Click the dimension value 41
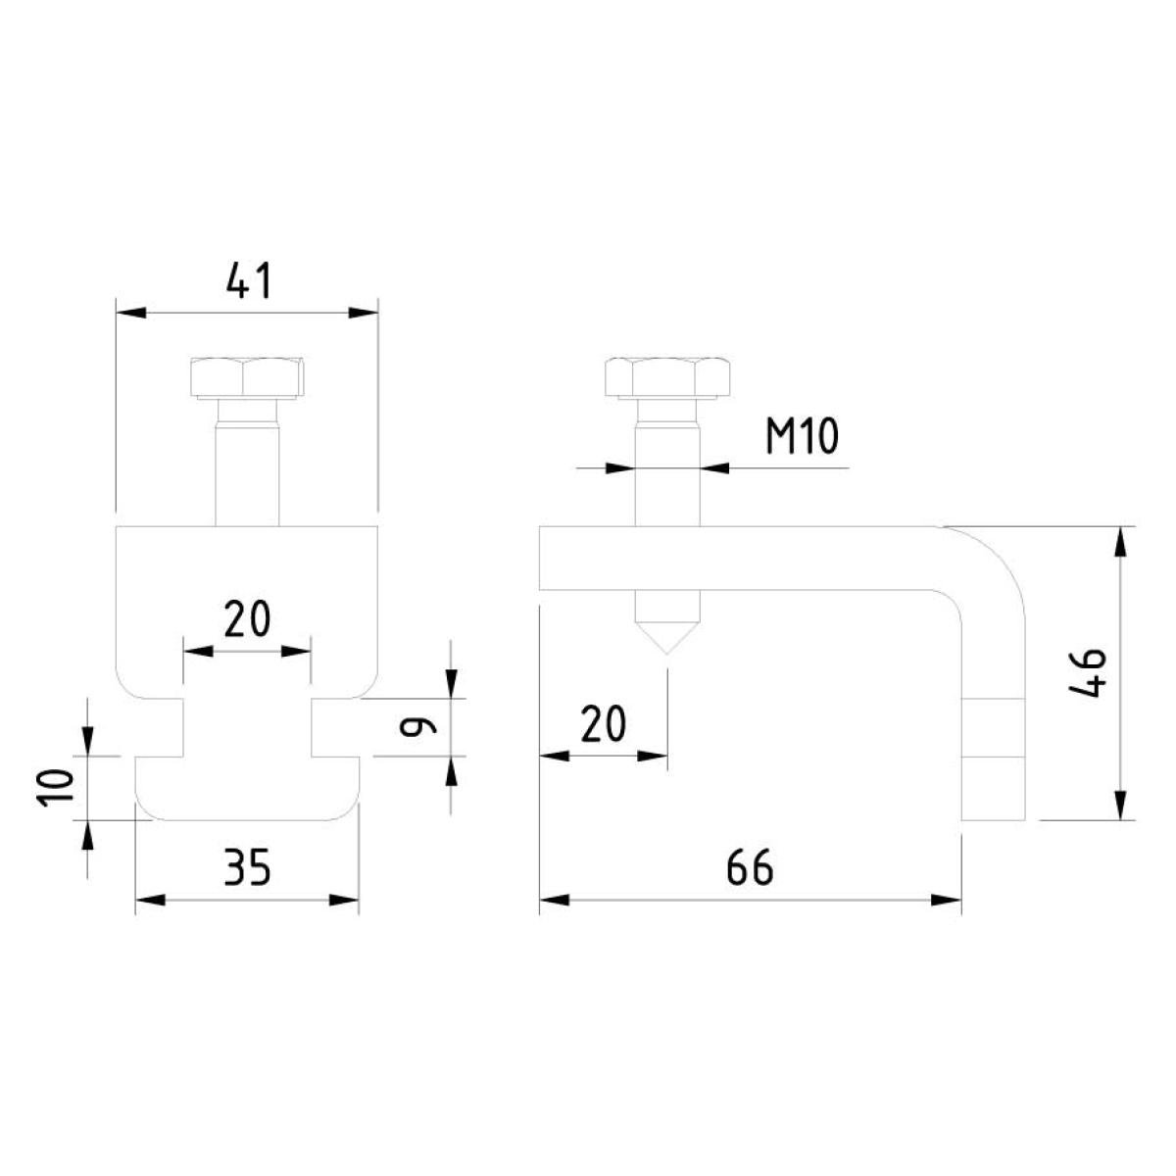248,280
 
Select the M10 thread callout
802,436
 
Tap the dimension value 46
1088,672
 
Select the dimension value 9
418,725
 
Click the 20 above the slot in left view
247,618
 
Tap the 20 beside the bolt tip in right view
603,724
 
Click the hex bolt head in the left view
247,377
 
